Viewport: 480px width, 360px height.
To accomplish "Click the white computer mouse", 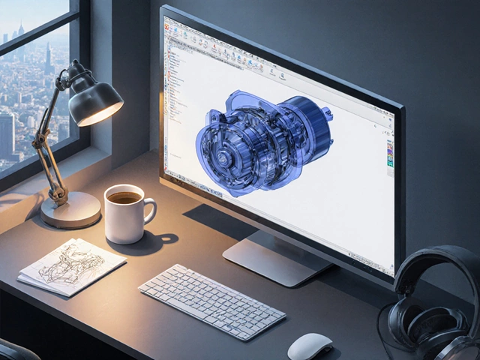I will (x=310, y=346).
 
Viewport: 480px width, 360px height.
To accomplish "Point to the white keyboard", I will (x=211, y=301).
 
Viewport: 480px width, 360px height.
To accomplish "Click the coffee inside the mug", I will (x=124, y=198).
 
